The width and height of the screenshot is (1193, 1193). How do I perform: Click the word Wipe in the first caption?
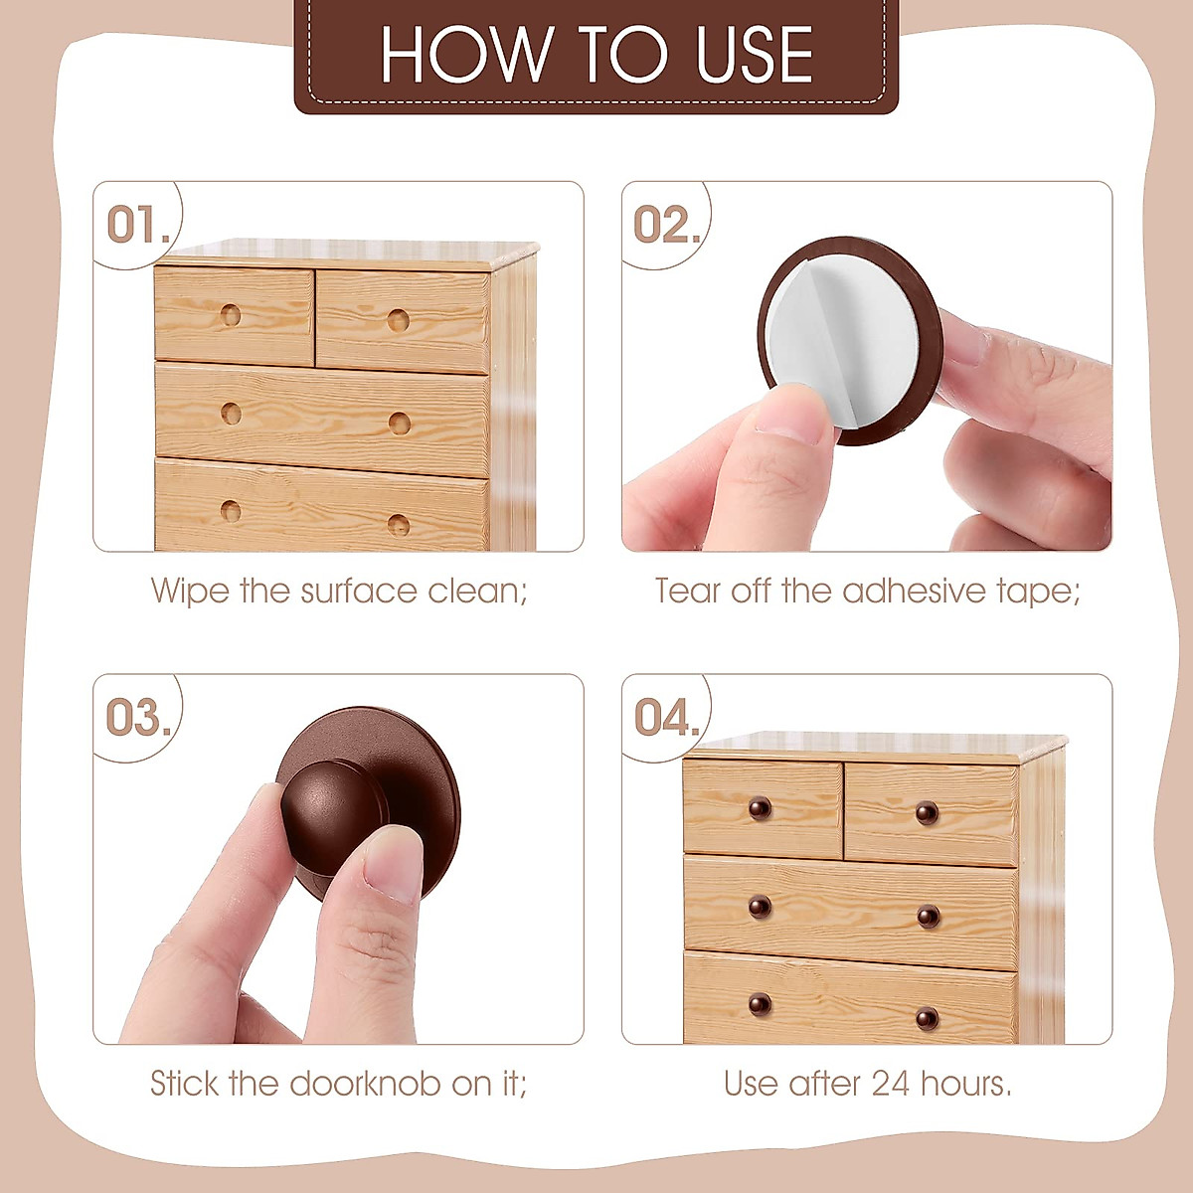pyautogui.click(x=191, y=591)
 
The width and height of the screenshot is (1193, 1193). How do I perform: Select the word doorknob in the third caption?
pyautogui.click(x=364, y=1083)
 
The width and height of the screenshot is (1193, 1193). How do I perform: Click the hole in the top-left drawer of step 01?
pyautogui.click(x=231, y=316)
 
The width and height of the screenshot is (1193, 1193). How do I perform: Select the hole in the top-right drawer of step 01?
pyautogui.click(x=398, y=320)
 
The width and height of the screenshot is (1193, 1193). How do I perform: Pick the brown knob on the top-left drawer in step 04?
pyautogui.click(x=761, y=807)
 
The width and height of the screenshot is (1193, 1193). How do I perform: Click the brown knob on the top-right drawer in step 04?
pyautogui.click(x=927, y=812)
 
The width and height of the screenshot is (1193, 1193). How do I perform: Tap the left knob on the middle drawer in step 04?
pyautogui.click(x=760, y=907)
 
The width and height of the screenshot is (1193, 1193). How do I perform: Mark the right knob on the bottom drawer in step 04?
pyautogui.click(x=927, y=1018)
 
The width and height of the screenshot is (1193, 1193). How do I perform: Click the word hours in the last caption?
pyautogui.click(x=965, y=1083)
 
